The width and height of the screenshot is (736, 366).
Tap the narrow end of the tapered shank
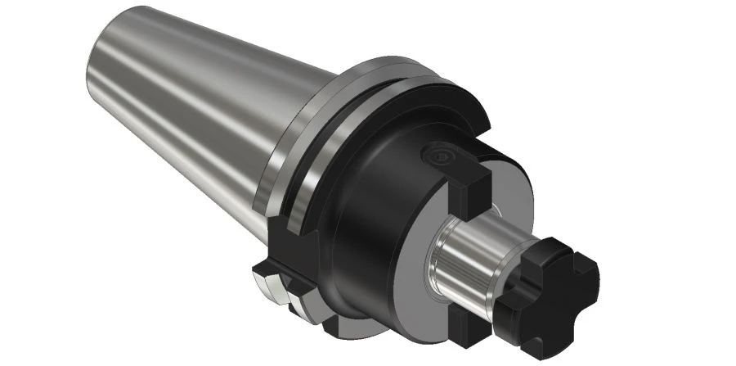(x=98, y=74)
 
